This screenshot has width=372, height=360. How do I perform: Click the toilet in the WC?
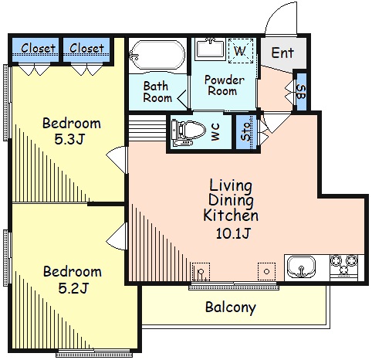[x=189, y=132]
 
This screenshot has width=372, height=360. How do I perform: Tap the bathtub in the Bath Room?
[x=157, y=55]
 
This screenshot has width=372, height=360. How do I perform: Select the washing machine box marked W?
[x=241, y=51]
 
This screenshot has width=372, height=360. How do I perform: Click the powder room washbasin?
[x=210, y=49]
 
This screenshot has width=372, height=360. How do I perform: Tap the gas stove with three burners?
[x=344, y=267]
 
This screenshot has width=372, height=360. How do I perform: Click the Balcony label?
[x=231, y=307]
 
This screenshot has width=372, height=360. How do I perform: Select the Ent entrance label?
[x=282, y=53]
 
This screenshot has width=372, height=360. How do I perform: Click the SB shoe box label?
[x=301, y=92]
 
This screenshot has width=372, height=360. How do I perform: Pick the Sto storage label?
[x=246, y=131]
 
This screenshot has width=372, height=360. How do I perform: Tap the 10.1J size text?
[x=233, y=233]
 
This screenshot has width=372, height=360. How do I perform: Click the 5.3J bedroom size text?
[x=69, y=139]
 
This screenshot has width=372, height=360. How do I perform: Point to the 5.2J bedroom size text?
[x=73, y=288]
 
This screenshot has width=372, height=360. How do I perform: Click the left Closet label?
[x=38, y=48]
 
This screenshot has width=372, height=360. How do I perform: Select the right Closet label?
[x=86, y=48]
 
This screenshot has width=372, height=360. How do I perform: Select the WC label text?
[x=215, y=131]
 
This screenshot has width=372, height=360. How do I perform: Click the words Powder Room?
[x=224, y=85]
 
